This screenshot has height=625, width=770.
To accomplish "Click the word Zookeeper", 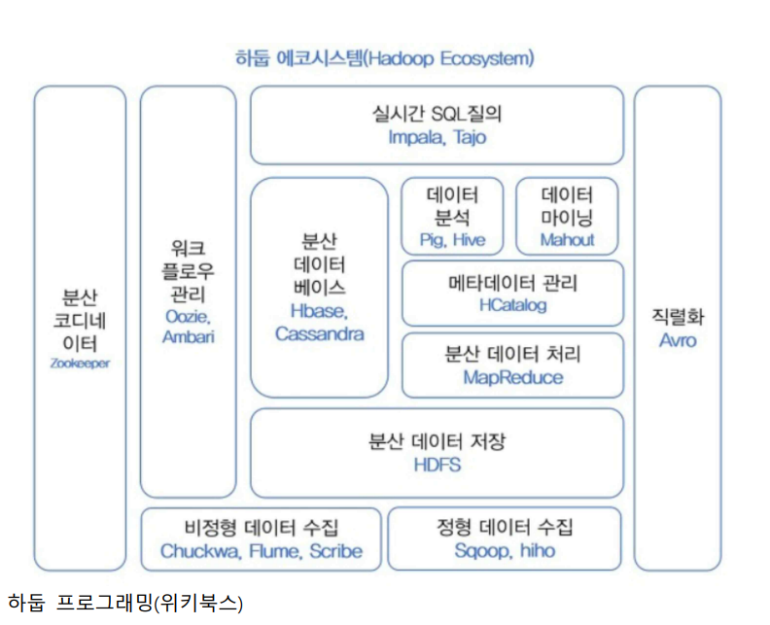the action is (x=81, y=363).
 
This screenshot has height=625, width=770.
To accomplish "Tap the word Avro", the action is (x=678, y=340).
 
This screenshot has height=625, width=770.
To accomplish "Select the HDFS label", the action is (x=437, y=465).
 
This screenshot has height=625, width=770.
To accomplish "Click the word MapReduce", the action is (x=512, y=377).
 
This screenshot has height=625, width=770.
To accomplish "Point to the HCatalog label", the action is (x=512, y=305).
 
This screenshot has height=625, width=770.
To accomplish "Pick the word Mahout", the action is (x=567, y=239).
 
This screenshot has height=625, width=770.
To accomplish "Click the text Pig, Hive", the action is (x=452, y=239).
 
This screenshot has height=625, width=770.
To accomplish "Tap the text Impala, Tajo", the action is (x=437, y=137).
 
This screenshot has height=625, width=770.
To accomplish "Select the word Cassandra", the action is (x=320, y=333).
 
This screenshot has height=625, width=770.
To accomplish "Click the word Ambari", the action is (x=189, y=337).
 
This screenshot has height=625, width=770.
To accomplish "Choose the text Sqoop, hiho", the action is (x=505, y=551).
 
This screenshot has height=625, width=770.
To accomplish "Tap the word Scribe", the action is (x=335, y=551).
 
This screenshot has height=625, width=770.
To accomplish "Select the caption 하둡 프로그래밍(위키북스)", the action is (x=125, y=603).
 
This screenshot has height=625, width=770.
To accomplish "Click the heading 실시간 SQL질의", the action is (x=437, y=113).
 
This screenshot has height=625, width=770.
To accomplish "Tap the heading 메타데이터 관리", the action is (x=512, y=283).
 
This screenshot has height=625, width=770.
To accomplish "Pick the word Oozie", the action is (x=189, y=317).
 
